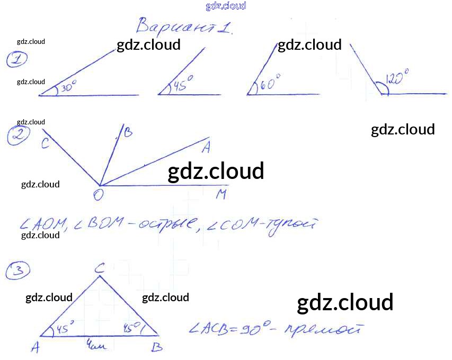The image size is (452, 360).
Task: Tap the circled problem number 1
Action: pos(17,60)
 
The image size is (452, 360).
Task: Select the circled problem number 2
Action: pos(18,137)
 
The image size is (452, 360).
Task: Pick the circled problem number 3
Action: pos(17,272)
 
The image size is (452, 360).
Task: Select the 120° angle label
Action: pos(397,79)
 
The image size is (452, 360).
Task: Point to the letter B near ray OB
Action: pos(128,133)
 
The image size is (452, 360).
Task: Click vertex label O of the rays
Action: pos(98,195)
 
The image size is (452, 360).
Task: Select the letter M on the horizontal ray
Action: pos(221,195)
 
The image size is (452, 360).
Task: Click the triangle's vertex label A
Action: pos(36,347)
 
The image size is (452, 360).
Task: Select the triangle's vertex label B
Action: pos(157,347)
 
